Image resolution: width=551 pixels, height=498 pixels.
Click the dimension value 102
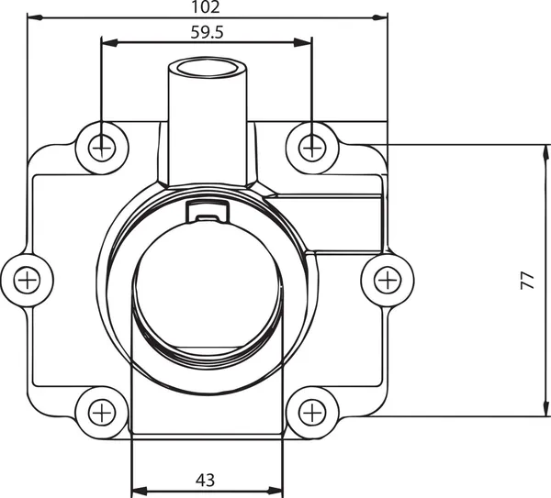point(208,7)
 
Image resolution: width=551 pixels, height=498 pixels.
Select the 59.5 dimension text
point(208,31)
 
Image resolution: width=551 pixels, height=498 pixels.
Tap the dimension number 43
point(207,479)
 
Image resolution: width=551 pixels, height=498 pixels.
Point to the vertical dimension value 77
point(526,280)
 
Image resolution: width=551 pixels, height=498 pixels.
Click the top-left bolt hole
point(101,145)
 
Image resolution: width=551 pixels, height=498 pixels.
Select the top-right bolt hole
point(312,145)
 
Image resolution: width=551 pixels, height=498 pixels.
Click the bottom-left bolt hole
point(101,413)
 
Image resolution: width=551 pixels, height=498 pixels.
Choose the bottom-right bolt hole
point(312,413)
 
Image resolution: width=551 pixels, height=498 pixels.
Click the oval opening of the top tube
point(208,69)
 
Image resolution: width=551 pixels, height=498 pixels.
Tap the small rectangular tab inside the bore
point(208,212)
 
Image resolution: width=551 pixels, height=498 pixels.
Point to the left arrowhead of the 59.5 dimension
point(107,41)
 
